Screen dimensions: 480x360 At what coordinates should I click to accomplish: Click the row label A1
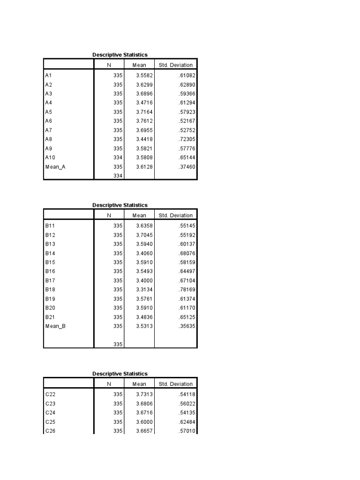pos(48,75)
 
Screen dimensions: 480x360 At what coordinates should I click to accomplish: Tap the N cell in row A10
pos(118,157)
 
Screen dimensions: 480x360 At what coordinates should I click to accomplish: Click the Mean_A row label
pos(55,166)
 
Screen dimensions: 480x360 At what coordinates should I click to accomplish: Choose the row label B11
pos(50,225)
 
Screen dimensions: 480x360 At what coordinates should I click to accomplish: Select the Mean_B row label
pos(55,326)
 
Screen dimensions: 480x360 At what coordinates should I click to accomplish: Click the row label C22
pos(51,394)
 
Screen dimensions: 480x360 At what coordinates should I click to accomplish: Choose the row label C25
pos(51,422)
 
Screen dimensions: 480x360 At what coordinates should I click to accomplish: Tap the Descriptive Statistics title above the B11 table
pos(120,205)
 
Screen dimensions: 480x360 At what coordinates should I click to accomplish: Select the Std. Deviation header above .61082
pos(176,65)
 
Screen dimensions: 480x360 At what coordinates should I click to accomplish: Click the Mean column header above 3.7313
pos(139,384)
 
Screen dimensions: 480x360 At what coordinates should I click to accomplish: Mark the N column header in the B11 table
pos(109,216)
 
